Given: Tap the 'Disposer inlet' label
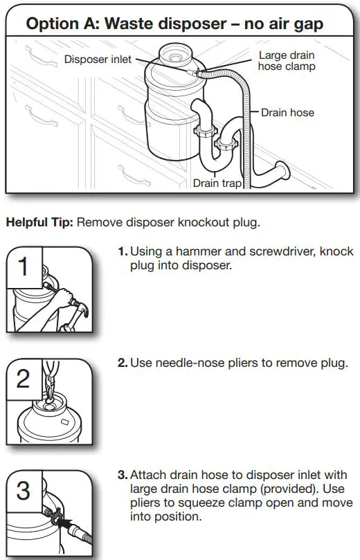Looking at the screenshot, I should tap(98, 60).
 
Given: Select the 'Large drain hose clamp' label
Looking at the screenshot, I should tap(287, 60).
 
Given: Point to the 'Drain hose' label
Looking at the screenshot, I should tap(287, 112).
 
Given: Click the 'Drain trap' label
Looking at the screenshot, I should tap(216, 183).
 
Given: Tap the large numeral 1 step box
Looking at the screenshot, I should tap(24, 267).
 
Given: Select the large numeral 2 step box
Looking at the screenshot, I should tap(24, 379).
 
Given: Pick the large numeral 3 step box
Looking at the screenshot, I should tap(24, 491).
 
